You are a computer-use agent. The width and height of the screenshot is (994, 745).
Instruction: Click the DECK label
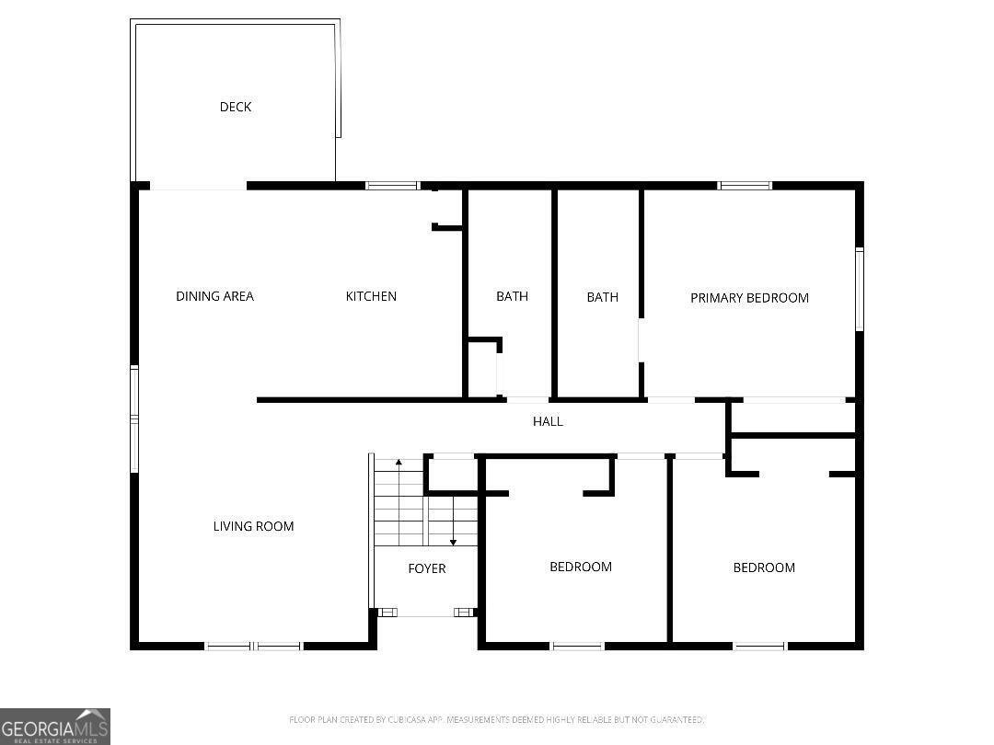click(236, 107)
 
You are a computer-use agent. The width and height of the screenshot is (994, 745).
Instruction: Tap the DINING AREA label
click(214, 296)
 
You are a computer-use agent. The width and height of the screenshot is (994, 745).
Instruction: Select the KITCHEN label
click(371, 296)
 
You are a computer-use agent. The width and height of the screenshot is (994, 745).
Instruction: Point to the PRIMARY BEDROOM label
click(749, 298)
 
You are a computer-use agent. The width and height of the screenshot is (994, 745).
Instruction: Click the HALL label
click(548, 421)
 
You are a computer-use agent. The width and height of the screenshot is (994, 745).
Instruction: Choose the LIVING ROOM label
click(253, 526)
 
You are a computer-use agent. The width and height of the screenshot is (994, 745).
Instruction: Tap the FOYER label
click(427, 568)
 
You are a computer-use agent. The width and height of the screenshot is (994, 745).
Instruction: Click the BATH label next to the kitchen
click(512, 296)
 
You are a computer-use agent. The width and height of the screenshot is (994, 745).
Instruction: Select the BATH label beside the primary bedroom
click(602, 297)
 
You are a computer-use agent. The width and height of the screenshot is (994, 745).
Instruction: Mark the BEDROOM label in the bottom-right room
click(764, 567)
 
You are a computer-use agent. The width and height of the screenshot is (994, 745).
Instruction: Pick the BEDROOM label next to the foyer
click(581, 567)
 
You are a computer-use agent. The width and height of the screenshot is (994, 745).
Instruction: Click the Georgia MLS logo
click(55, 726)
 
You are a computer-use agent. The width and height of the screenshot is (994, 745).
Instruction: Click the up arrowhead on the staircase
click(398, 461)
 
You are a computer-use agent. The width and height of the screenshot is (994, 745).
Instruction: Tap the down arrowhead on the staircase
click(453, 542)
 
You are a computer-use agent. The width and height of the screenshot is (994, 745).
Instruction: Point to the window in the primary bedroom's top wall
click(745, 186)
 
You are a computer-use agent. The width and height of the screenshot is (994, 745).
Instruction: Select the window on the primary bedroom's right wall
click(859, 289)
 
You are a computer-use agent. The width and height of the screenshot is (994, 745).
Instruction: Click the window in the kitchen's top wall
click(392, 186)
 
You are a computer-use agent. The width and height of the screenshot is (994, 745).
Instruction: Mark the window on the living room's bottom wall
click(254, 646)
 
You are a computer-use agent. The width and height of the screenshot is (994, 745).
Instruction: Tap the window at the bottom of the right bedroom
click(760, 646)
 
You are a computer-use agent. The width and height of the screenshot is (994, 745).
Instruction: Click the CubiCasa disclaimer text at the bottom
click(497, 719)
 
